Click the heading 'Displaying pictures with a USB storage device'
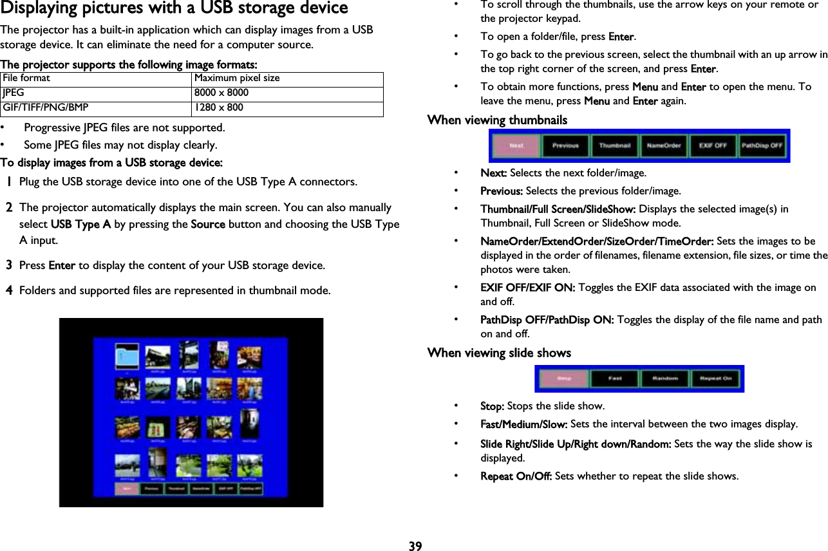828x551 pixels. tap(174, 9)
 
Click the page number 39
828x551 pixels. tap(415, 546)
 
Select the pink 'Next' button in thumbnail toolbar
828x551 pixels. tap(516, 146)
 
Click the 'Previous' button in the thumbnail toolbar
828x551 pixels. tap(565, 146)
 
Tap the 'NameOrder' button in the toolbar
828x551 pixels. tap(664, 146)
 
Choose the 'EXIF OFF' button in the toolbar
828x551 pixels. tap(713, 146)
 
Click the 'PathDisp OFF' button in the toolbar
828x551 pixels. tap(762, 146)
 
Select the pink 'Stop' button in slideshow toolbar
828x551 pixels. tap(562, 378)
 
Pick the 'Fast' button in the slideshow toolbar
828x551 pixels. tap(614, 378)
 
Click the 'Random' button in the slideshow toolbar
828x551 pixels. tap(665, 378)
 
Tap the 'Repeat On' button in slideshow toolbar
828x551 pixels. tap(716, 378)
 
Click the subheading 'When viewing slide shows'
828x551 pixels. tap(499, 353)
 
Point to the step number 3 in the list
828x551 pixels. tap(9, 265)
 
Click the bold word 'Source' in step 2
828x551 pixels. tap(208, 224)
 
